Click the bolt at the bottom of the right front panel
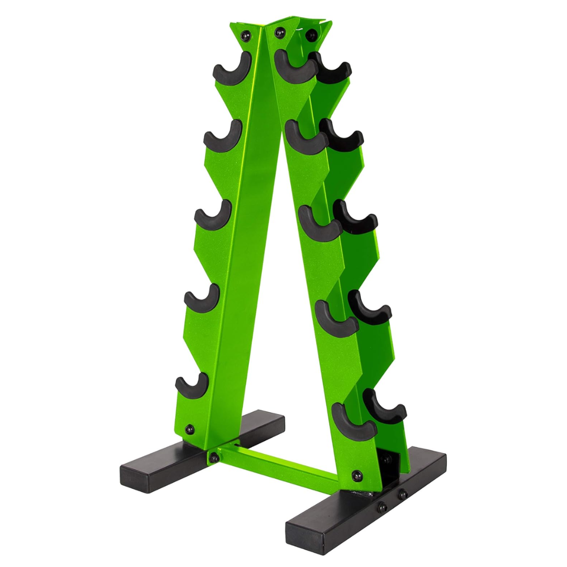point(356,476)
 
